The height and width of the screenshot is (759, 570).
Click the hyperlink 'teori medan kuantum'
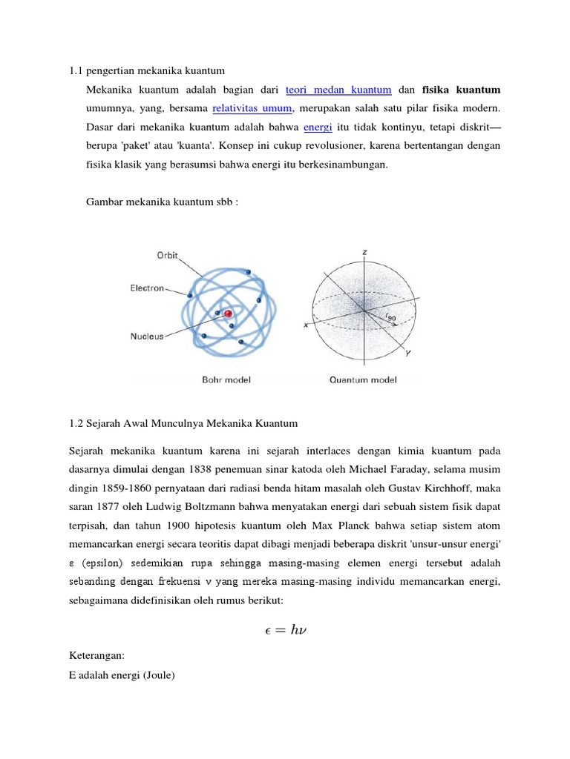338,90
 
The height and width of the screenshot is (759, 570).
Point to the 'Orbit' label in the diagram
167,254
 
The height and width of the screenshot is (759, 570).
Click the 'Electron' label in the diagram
148,288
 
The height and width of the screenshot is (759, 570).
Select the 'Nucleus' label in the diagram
147,336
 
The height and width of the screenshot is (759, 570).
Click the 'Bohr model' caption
226,380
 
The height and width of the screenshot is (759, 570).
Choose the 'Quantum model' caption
363,380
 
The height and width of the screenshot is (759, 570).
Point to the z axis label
364,253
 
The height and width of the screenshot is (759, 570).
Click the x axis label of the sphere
306,325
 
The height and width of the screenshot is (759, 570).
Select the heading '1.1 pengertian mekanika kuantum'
146,70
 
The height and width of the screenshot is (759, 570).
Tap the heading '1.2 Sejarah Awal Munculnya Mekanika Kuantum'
183,423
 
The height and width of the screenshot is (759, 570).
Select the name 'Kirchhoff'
474,488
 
